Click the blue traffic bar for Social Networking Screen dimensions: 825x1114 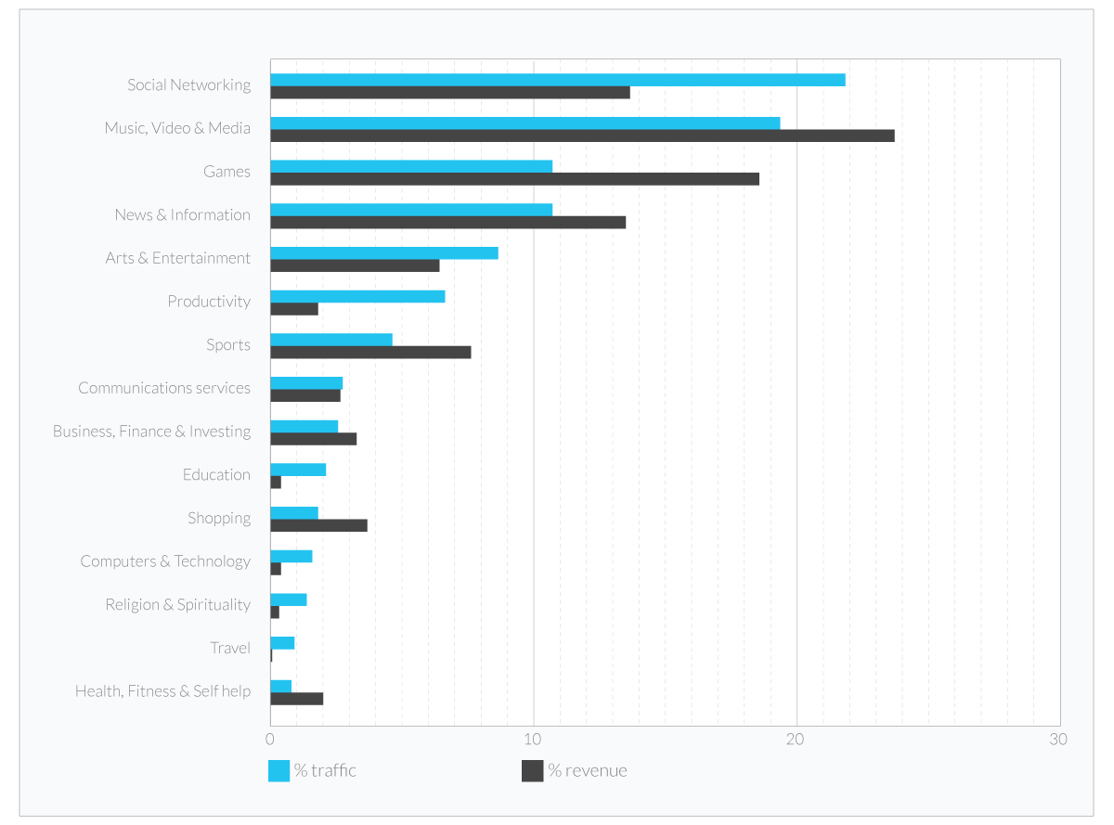point(557,80)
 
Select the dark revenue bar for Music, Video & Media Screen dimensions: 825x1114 point(582,135)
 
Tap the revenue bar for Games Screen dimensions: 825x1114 point(514,179)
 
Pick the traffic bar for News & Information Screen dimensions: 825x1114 point(411,210)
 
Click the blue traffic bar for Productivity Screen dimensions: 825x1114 point(357,296)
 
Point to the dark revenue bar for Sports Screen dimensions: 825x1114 point(370,352)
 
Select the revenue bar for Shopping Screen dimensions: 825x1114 point(318,525)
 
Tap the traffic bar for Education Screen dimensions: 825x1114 point(298,470)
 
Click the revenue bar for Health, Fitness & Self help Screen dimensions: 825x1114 point(296,699)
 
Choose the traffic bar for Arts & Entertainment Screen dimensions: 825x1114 point(383,252)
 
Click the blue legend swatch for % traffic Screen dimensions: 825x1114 point(278,770)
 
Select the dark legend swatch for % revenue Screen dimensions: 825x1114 point(532,770)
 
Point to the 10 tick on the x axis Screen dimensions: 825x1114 point(533,740)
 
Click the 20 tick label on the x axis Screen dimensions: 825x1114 point(796,740)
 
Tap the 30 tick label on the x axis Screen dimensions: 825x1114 point(1058,740)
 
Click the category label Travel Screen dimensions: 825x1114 point(230,648)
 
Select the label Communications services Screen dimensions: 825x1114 point(164,388)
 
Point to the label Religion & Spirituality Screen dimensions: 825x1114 point(177,604)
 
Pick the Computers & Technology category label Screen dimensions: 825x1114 point(165,561)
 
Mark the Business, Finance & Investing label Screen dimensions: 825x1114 point(151,432)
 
